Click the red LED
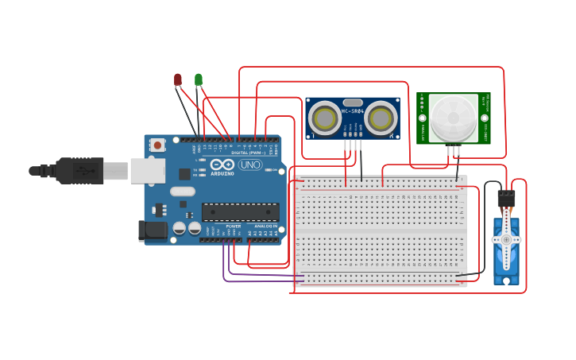click(178, 79)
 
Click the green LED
click(199, 79)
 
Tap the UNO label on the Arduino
click(250, 165)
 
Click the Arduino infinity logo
click(222, 165)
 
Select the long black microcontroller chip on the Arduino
click(240, 211)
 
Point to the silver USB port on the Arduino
click(147, 170)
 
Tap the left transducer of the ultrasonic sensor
click(325, 119)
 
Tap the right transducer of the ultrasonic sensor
click(381, 119)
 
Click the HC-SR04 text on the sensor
click(353, 111)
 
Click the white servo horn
click(506, 239)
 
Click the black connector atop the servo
click(506, 199)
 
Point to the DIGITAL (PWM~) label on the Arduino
click(249, 153)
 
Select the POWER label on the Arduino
click(234, 226)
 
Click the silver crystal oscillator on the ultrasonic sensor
click(353, 103)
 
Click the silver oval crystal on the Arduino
click(182, 191)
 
